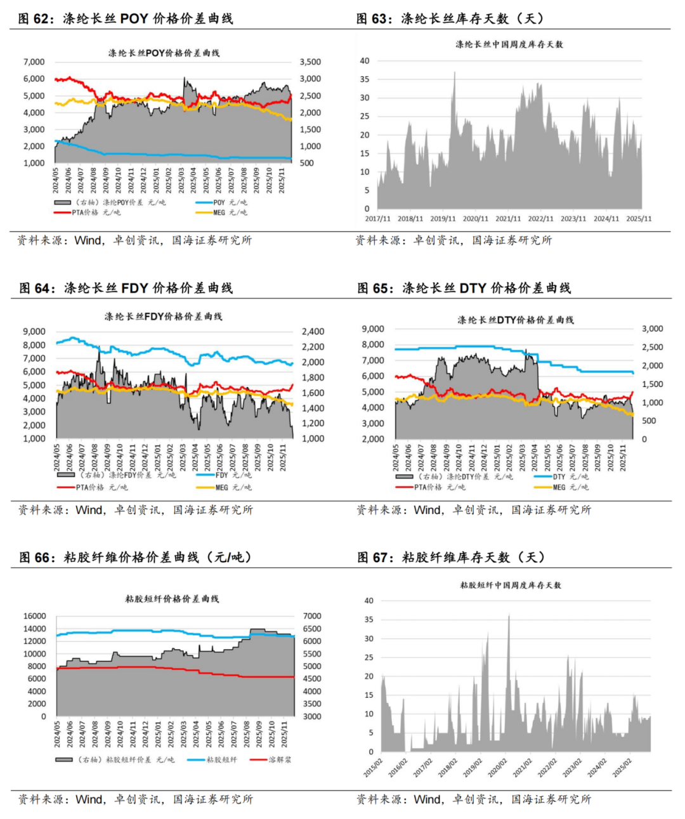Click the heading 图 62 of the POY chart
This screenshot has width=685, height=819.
tap(126, 18)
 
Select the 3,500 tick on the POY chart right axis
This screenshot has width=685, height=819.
tap(310, 62)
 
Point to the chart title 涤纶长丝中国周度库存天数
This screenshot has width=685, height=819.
tap(509, 44)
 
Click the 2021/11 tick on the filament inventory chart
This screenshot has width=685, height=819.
tap(508, 219)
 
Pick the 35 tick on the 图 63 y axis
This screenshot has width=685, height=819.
tap(365, 79)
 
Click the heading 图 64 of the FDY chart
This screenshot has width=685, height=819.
tap(126, 288)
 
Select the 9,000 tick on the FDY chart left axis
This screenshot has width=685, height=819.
tap(34, 331)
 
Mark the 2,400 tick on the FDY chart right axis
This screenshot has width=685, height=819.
tap(313, 331)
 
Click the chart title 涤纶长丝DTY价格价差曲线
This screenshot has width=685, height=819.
tap(516, 320)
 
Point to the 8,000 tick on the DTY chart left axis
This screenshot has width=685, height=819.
tap(373, 344)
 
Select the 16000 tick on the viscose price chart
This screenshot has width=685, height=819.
tap(35, 616)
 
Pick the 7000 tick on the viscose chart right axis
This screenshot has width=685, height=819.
tap(312, 616)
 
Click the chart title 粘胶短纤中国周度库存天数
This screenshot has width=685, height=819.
tap(511, 585)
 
